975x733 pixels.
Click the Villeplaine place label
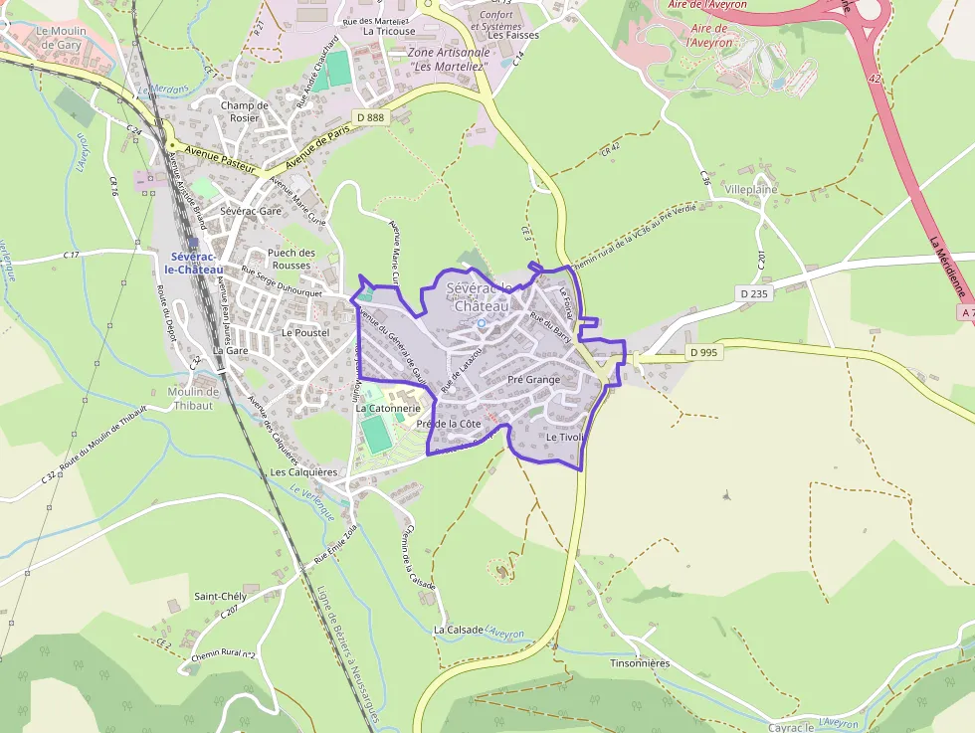click(751, 189)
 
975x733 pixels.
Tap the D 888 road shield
click(368, 117)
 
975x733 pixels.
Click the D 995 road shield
click(702, 352)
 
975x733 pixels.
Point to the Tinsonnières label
click(640, 662)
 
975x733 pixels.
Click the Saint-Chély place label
click(220, 596)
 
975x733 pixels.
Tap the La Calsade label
click(458, 630)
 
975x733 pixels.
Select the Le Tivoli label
click(563, 438)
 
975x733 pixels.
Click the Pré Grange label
click(534, 380)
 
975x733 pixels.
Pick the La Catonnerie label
click(388, 408)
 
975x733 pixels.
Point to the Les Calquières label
click(304, 472)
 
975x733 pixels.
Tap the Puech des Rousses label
click(292, 259)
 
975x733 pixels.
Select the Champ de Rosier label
click(245, 111)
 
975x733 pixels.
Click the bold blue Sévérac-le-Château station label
click(193, 263)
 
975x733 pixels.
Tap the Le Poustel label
click(305, 332)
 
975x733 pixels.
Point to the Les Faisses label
click(514, 35)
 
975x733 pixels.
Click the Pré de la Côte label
click(449, 424)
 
